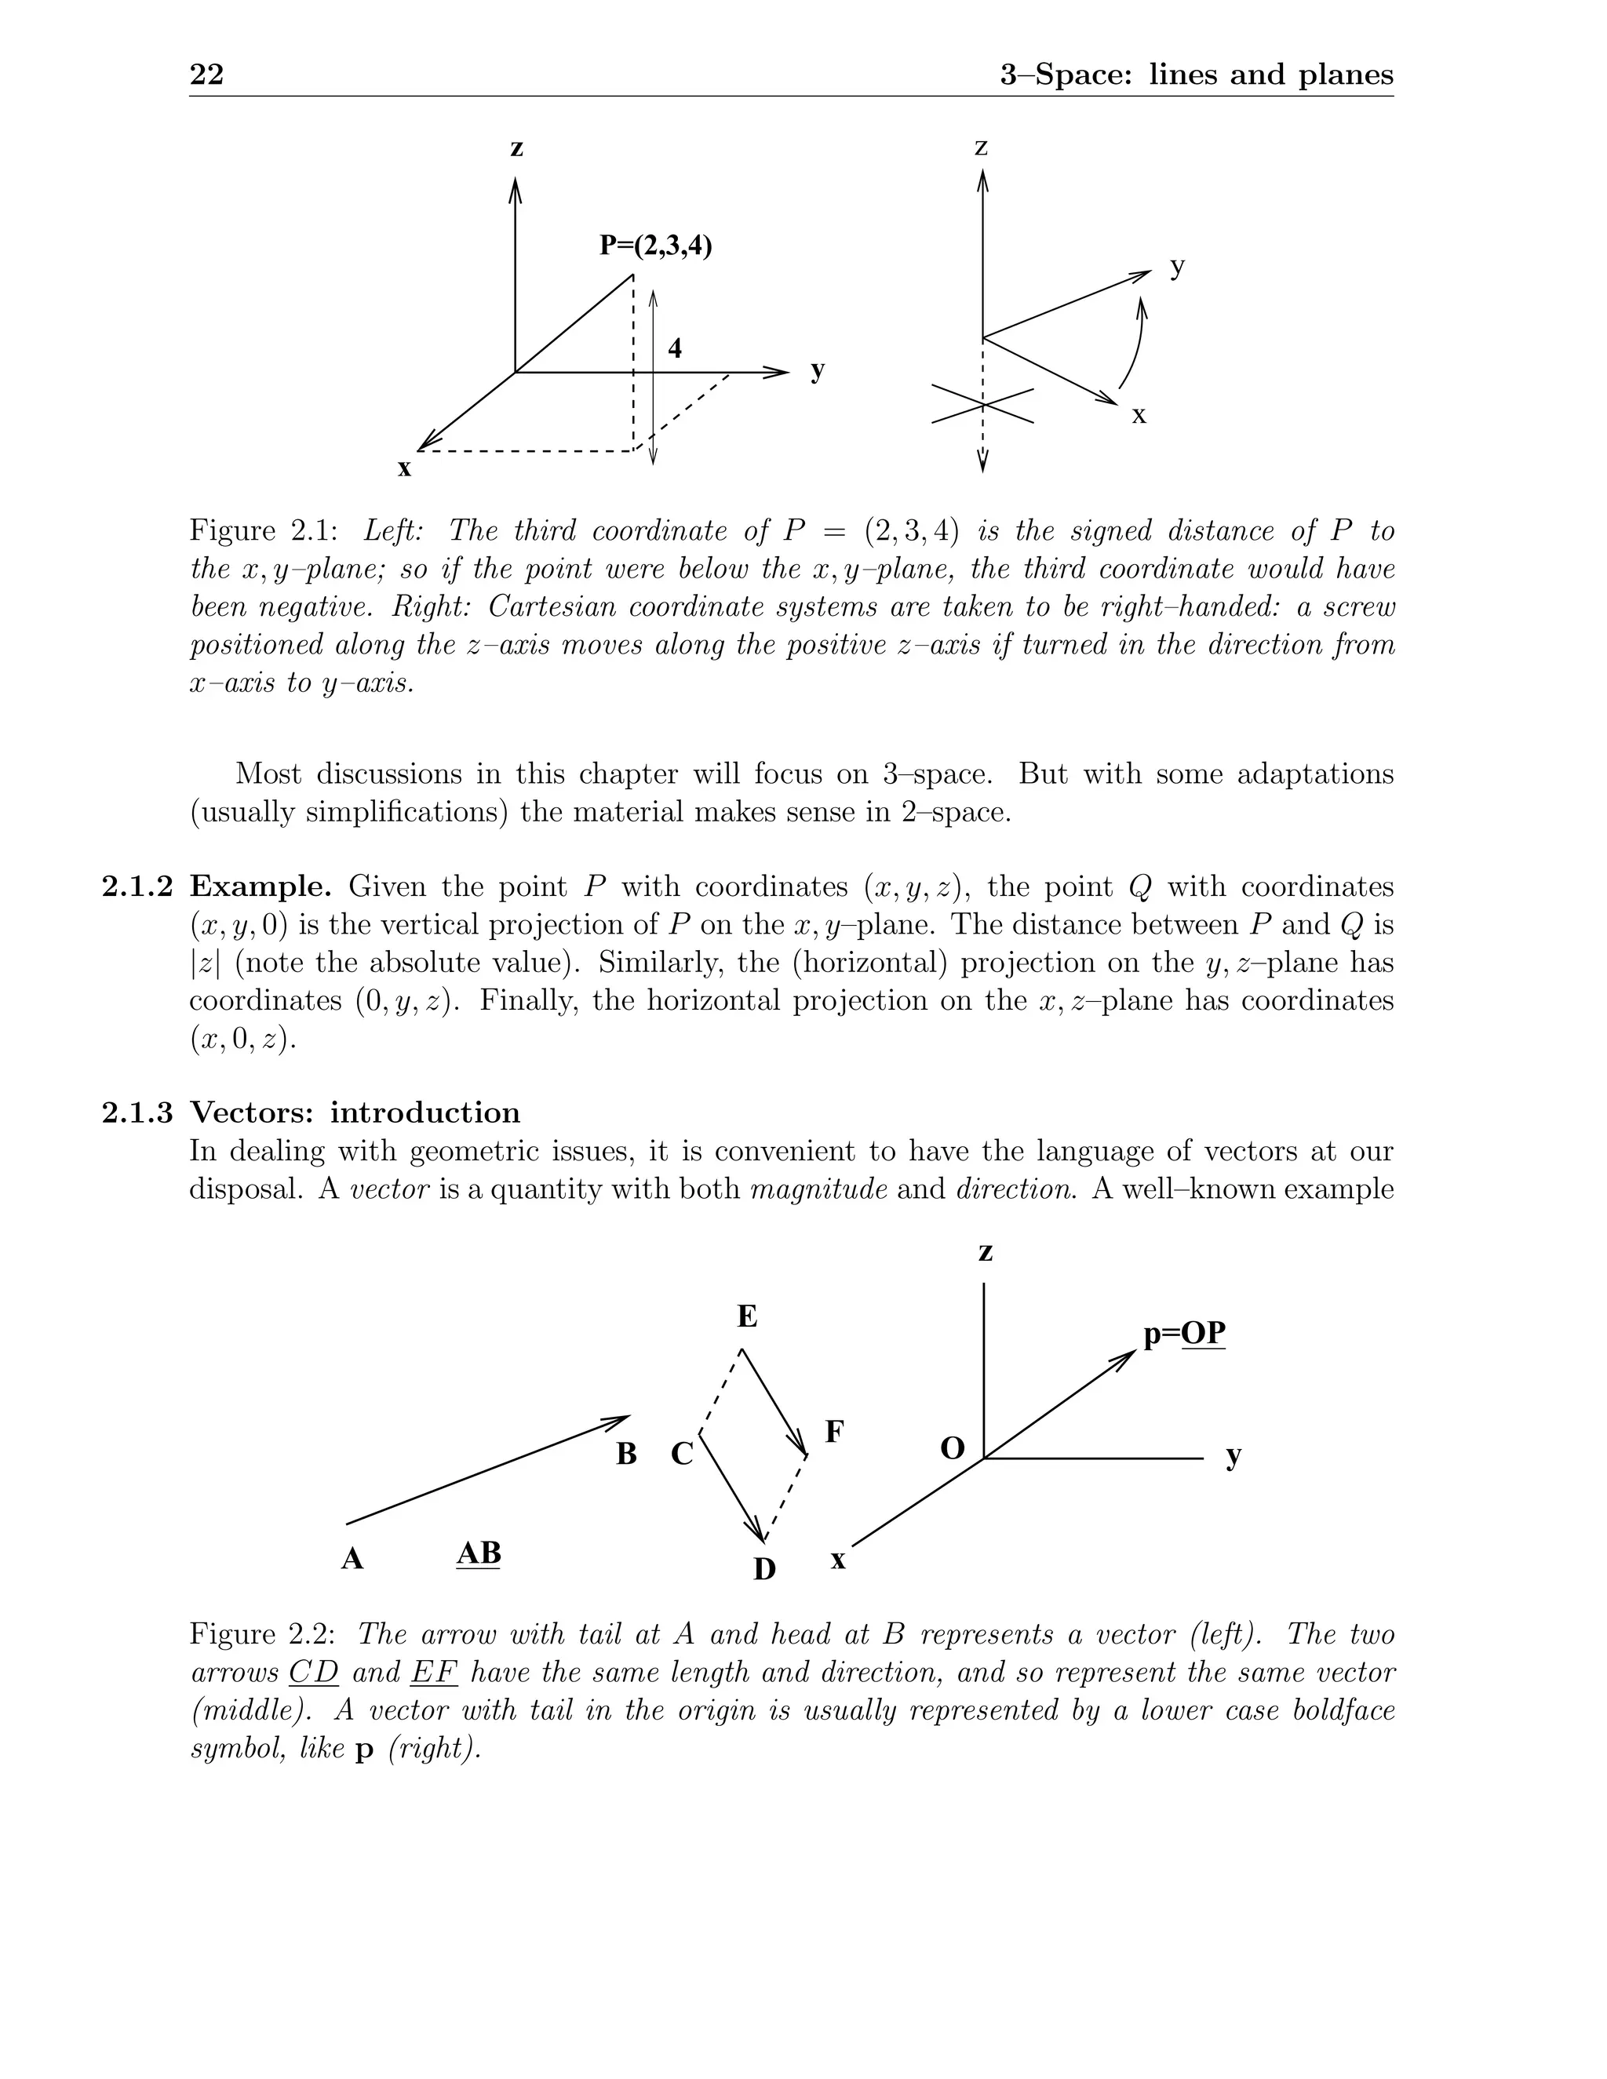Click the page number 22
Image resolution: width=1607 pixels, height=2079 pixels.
(x=206, y=75)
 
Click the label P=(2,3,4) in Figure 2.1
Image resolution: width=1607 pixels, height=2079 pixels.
(x=656, y=246)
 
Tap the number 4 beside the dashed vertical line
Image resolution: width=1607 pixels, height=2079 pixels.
(x=675, y=348)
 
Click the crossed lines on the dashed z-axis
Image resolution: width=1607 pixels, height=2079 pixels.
(x=982, y=406)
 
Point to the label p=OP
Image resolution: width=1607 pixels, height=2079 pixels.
(x=1184, y=1334)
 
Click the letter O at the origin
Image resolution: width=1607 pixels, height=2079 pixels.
(x=952, y=1449)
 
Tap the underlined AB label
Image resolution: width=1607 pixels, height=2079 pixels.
(x=479, y=1553)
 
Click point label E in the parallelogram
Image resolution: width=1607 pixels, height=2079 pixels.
(x=747, y=1317)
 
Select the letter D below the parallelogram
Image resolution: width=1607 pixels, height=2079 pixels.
(x=764, y=1570)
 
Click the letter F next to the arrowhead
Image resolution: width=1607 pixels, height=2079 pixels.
(x=834, y=1432)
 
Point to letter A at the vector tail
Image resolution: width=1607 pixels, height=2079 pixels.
(x=352, y=1560)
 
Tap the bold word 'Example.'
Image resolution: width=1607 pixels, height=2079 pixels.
(x=260, y=887)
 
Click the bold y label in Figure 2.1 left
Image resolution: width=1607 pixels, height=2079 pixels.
(x=818, y=370)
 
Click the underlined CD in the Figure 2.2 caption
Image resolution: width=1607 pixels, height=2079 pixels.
(x=314, y=1673)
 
